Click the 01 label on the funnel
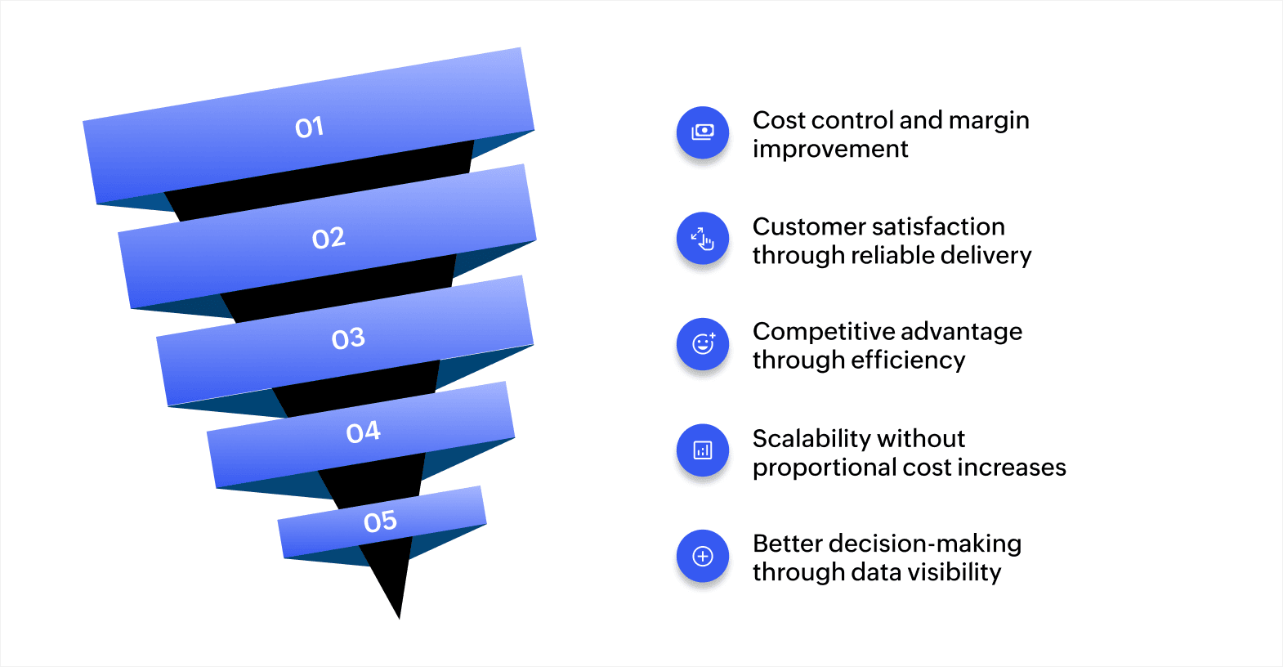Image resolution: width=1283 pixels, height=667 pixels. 310,128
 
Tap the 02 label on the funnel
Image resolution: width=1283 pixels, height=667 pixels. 329,238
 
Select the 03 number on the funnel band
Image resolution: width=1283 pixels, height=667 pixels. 348,338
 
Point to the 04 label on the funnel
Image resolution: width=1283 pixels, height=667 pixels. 364,432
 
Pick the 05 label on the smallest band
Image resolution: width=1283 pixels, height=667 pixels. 380,522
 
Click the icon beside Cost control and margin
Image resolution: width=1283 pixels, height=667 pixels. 703,132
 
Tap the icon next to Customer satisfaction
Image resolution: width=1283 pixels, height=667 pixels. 703,239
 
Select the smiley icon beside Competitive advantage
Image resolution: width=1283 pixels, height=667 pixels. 703,344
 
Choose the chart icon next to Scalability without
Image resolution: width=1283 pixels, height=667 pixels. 703,450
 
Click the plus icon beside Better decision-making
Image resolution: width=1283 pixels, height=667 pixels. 703,557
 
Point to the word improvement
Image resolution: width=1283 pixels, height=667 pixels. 830,150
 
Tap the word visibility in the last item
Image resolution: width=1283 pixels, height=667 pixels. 954,572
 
